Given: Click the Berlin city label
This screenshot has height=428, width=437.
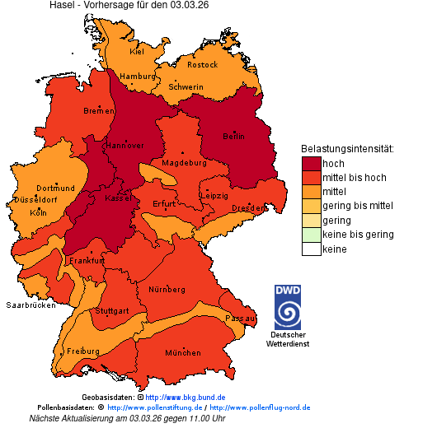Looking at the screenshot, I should click(233, 136).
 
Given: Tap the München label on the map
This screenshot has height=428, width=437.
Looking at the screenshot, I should click(183, 353).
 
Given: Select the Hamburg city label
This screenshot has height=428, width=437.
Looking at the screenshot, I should click(137, 77).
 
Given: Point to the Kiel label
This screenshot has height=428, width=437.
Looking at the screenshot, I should click(137, 51).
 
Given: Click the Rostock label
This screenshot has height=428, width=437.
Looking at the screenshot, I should click(202, 64).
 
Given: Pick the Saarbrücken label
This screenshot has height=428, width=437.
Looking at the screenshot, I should click(31, 305).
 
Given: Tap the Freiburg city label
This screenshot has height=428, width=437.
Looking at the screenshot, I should click(83, 351).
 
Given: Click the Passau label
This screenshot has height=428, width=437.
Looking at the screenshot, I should click(241, 318).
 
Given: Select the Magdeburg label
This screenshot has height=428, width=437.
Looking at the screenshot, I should click(184, 163).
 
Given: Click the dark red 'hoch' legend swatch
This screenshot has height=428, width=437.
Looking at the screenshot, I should click(311, 164).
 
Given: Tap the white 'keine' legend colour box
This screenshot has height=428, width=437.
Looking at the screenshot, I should click(311, 249).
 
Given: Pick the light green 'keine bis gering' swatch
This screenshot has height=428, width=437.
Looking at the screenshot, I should click(311, 235).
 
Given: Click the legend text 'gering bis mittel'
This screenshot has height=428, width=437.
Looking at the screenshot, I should click(358, 206).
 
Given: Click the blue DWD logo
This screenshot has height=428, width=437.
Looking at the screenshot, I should click(288, 307).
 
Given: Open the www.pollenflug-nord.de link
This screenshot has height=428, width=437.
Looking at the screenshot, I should click(260, 407).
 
